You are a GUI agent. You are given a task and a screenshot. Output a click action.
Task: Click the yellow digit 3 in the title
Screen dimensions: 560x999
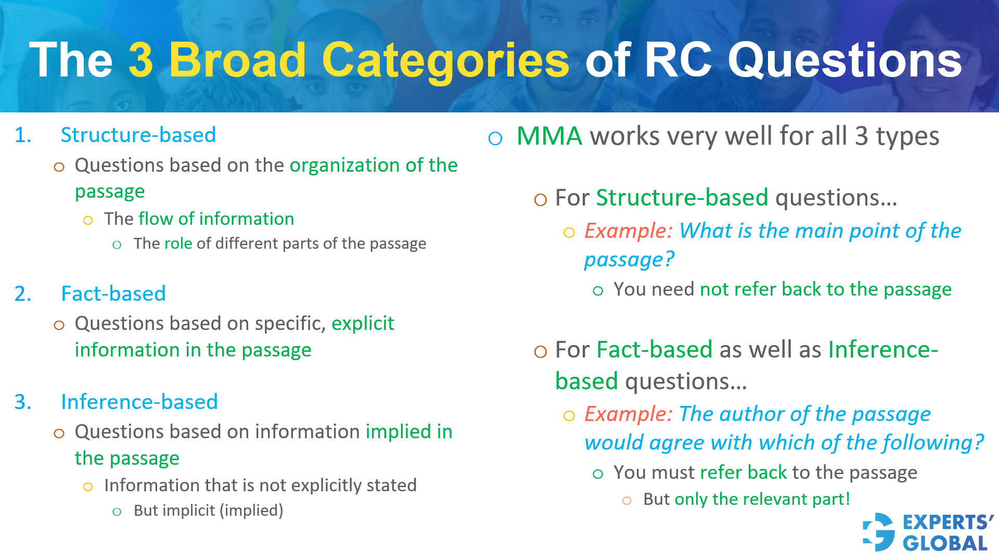click(141, 60)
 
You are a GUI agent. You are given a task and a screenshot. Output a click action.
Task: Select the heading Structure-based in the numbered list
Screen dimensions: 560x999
click(138, 135)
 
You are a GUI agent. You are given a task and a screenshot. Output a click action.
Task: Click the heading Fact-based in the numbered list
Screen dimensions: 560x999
click(113, 294)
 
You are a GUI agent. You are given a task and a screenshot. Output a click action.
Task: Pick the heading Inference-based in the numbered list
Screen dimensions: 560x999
click(139, 402)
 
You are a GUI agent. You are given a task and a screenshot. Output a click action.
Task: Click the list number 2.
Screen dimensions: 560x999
click(22, 294)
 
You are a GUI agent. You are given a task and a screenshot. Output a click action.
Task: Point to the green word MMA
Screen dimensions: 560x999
click(549, 136)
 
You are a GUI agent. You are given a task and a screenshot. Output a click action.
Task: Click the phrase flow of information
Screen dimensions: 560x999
click(216, 219)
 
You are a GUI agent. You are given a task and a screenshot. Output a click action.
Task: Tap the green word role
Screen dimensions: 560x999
click(178, 244)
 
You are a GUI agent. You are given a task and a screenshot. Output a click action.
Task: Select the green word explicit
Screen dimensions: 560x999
click(363, 324)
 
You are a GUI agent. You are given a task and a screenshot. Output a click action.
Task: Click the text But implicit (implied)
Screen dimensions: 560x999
click(208, 510)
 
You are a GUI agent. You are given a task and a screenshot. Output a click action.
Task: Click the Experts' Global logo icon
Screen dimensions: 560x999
click(879, 532)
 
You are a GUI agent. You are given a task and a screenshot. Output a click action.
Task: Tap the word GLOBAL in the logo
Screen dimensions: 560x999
click(945, 543)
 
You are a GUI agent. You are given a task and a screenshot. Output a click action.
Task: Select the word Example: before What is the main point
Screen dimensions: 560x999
click(629, 231)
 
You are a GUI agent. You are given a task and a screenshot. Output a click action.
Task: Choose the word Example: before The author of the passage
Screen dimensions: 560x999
click(629, 414)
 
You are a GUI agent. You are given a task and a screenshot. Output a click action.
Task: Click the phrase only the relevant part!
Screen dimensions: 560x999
click(762, 499)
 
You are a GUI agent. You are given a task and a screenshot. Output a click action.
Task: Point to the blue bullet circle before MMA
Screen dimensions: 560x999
click(495, 138)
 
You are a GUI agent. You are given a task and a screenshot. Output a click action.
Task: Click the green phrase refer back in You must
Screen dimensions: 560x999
click(744, 473)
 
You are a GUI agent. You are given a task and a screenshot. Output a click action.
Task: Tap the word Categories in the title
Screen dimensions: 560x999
click(445, 61)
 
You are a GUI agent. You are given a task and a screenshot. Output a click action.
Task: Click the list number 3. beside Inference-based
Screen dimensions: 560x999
click(22, 402)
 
